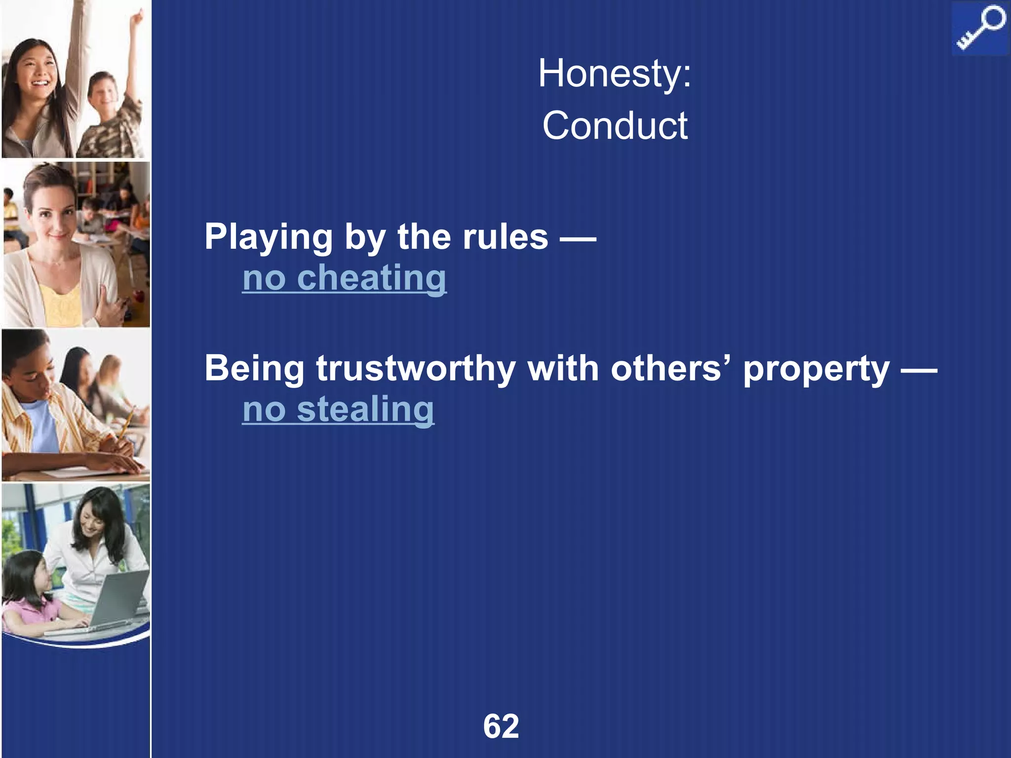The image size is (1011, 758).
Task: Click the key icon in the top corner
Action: (979, 29)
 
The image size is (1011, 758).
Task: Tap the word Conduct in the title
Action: (615, 126)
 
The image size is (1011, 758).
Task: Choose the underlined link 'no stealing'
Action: (338, 409)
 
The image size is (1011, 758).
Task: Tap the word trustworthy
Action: (416, 369)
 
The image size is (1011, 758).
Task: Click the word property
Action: (816, 369)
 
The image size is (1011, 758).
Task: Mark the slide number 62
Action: (501, 726)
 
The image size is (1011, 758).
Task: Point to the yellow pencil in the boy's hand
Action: (125, 424)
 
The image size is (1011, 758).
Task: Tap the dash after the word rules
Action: (578, 238)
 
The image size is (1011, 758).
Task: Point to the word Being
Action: (254, 369)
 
